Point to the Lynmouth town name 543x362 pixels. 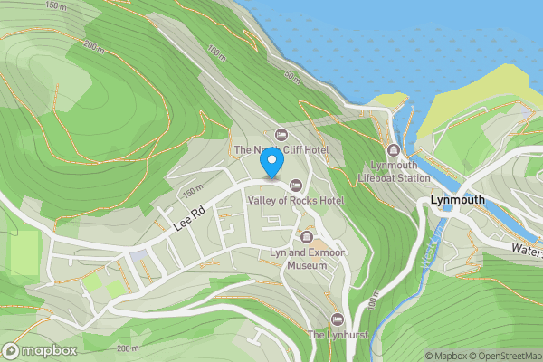click(458, 200)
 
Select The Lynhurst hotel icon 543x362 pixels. click(338, 319)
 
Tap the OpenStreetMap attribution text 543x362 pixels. click(510, 356)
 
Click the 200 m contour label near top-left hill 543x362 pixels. click(94, 44)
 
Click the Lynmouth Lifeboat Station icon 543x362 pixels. click(393, 150)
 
